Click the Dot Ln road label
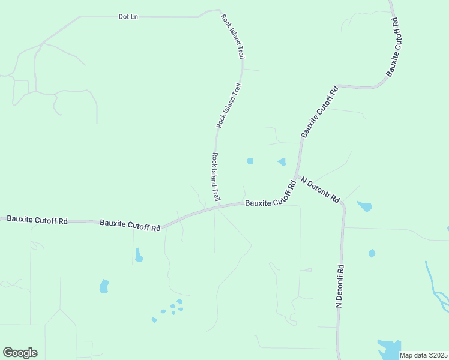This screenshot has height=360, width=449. [x=128, y=17]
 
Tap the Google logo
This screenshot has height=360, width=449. [x=20, y=353]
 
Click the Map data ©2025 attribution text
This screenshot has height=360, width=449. [x=423, y=355]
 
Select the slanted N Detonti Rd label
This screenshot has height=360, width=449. [x=321, y=190]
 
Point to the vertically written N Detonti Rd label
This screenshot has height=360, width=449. [x=339, y=286]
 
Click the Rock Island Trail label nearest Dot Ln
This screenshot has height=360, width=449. [x=232, y=37]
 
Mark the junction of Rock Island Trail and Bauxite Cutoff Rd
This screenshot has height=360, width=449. [x=218, y=208]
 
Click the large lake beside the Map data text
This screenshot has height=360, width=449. [x=389, y=348]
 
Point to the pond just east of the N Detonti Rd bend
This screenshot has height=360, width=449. [x=364, y=207]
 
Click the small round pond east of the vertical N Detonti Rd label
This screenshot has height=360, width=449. [x=372, y=253]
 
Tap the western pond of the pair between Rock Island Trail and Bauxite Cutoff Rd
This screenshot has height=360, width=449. [x=250, y=161]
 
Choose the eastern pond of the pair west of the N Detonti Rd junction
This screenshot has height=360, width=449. [x=281, y=162]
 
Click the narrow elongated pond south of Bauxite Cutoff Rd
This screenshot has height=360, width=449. [x=139, y=255]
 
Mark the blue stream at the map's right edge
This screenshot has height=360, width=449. [x=436, y=287]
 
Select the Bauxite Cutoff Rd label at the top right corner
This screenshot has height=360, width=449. [x=394, y=46]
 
